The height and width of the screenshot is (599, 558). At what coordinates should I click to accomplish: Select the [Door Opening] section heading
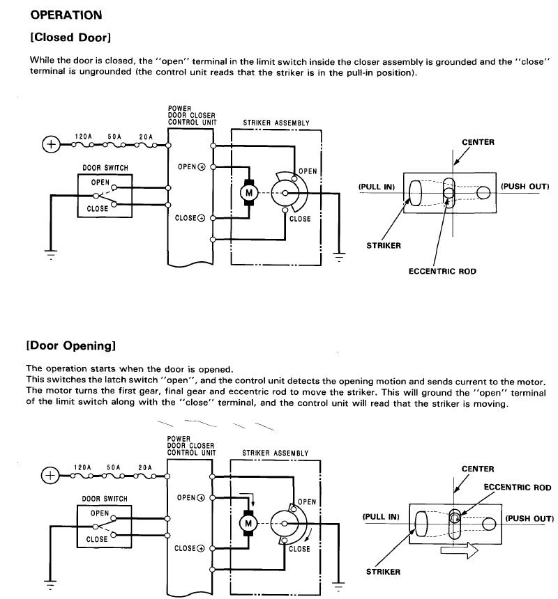click(70, 345)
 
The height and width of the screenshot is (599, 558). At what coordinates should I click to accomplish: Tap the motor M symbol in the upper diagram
click(248, 193)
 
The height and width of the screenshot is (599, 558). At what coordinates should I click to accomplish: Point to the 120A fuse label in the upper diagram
click(84, 136)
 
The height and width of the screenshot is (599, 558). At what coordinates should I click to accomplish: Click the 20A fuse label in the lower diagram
click(146, 467)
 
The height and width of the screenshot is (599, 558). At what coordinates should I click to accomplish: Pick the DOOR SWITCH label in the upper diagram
click(105, 167)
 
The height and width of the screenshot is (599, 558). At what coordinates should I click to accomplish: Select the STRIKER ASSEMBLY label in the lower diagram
click(275, 453)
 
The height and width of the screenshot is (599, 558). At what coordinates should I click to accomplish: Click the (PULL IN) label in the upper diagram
click(377, 187)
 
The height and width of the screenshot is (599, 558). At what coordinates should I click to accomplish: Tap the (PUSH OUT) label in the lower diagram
click(529, 518)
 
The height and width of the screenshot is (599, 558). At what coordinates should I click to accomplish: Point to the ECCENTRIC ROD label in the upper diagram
click(442, 271)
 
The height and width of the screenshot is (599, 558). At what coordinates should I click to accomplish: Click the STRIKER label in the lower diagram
click(383, 572)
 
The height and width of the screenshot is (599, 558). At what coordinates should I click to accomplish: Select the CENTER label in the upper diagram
click(478, 142)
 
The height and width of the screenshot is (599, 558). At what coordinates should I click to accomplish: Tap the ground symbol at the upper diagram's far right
click(340, 256)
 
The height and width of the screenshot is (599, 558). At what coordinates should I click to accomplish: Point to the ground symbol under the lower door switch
click(50, 585)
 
